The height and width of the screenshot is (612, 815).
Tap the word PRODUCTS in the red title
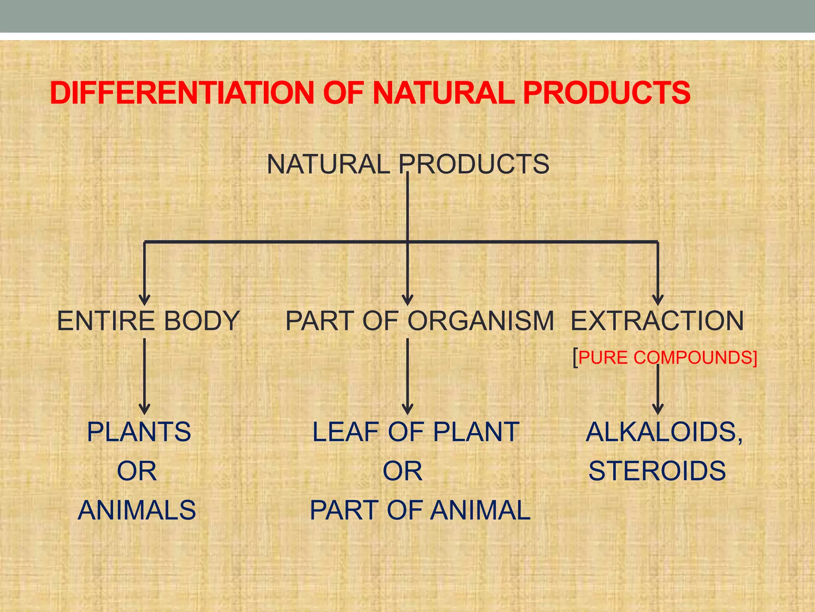(x=606, y=93)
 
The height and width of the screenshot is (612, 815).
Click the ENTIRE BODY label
(x=148, y=321)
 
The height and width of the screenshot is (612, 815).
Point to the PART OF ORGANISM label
(x=420, y=321)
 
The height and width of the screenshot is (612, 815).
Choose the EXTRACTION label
(x=657, y=321)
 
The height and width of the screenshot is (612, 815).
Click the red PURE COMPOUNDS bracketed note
(x=665, y=357)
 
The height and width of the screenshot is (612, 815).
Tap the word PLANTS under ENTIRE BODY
(x=139, y=432)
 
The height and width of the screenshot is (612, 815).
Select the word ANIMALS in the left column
(x=137, y=510)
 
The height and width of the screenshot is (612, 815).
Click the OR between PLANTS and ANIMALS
(x=137, y=471)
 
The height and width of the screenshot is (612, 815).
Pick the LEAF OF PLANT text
(x=416, y=432)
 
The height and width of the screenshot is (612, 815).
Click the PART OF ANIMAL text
(x=420, y=510)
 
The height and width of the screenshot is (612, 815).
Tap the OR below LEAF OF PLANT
(x=402, y=471)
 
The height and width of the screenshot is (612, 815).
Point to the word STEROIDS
(x=657, y=471)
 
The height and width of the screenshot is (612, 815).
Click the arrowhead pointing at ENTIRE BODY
(x=144, y=300)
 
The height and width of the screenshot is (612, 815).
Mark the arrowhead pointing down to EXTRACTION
(x=658, y=300)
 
